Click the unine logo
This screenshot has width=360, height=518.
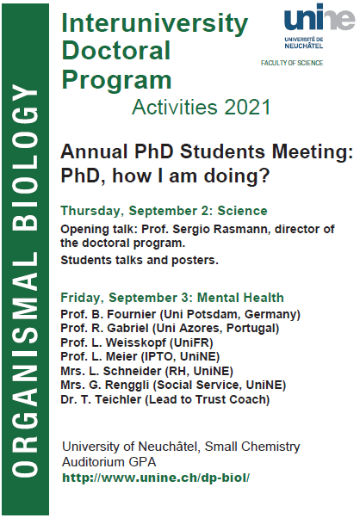click(x=320, y=27)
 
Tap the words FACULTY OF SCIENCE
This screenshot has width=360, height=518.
click(x=292, y=63)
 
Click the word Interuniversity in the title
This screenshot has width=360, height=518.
click(x=155, y=22)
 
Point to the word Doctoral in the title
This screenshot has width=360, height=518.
click(x=116, y=51)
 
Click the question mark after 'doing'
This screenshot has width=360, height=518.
click(x=264, y=176)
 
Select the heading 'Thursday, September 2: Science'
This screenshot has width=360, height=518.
click(x=164, y=211)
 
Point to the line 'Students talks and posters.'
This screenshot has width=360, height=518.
click(x=140, y=261)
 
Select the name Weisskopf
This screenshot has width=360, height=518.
click(x=135, y=343)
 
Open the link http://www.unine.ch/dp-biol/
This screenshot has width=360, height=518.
click(x=156, y=478)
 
